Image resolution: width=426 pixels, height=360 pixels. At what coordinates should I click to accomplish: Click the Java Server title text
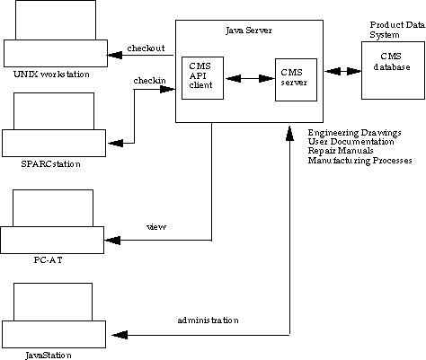pyautogui.click(x=249, y=31)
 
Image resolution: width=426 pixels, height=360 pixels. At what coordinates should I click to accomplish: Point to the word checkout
pyautogui.click(x=146, y=48)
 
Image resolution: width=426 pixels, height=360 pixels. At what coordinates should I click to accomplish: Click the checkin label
pyautogui.click(x=149, y=81)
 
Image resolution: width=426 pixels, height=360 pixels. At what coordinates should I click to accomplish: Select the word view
pyautogui.click(x=156, y=227)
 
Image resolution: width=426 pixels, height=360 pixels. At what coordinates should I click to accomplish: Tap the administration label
pyautogui.click(x=208, y=320)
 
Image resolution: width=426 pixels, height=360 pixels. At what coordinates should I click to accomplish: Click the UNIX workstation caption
pyautogui.click(x=51, y=75)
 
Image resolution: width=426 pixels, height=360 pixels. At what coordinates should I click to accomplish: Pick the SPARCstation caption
pyautogui.click(x=50, y=164)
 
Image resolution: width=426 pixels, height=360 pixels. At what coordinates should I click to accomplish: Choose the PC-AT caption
pyautogui.click(x=48, y=259)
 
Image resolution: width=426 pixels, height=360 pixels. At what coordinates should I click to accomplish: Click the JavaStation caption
pyautogui.click(x=49, y=356)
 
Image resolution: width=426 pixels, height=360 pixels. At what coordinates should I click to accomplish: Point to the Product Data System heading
pyautogui.click(x=397, y=30)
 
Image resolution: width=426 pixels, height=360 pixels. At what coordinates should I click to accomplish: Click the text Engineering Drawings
pyautogui.click(x=354, y=133)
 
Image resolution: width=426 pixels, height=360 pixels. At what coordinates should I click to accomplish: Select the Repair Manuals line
pyautogui.click(x=341, y=151)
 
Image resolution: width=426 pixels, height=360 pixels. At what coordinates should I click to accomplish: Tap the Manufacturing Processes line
pyautogui.click(x=359, y=161)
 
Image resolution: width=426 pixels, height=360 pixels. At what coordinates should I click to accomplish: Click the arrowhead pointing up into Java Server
pyautogui.click(x=289, y=133)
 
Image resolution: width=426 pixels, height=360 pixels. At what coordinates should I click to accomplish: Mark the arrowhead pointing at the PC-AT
pyautogui.click(x=112, y=240)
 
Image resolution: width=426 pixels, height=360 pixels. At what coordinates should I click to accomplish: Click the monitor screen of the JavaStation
pyautogui.click(x=53, y=302)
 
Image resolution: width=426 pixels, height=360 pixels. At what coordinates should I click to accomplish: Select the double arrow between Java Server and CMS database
pyautogui.click(x=342, y=71)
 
